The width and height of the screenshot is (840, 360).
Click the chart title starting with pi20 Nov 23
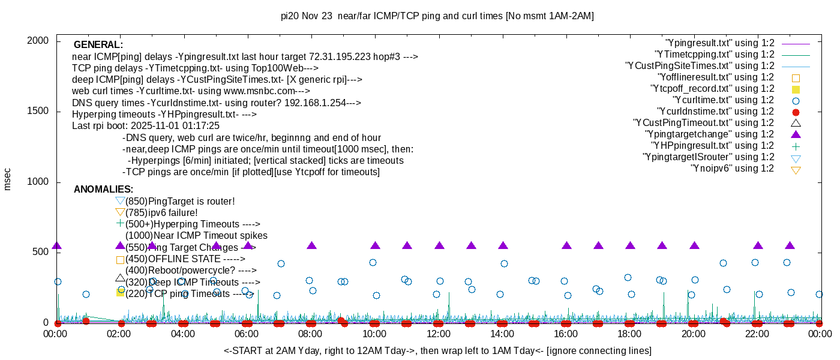coord(437,16)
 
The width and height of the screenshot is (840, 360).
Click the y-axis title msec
coord(7,179)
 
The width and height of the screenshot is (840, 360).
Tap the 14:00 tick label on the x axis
coord(502,334)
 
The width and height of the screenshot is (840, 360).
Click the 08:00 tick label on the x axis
coord(310,334)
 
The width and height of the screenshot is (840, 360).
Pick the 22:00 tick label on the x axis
coord(757,334)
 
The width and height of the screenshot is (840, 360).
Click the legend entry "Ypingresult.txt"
coord(720,43)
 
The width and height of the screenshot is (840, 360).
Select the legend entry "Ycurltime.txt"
coord(724,100)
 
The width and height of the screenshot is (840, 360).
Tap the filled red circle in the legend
coord(796,112)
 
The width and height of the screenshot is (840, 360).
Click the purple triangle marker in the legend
coord(796,134)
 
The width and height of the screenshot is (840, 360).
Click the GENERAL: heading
coord(98,45)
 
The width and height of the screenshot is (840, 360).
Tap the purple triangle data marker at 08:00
coord(311,245)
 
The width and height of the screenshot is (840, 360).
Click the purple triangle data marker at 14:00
coord(503,245)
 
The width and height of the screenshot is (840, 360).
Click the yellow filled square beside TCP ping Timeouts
coord(120,292)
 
